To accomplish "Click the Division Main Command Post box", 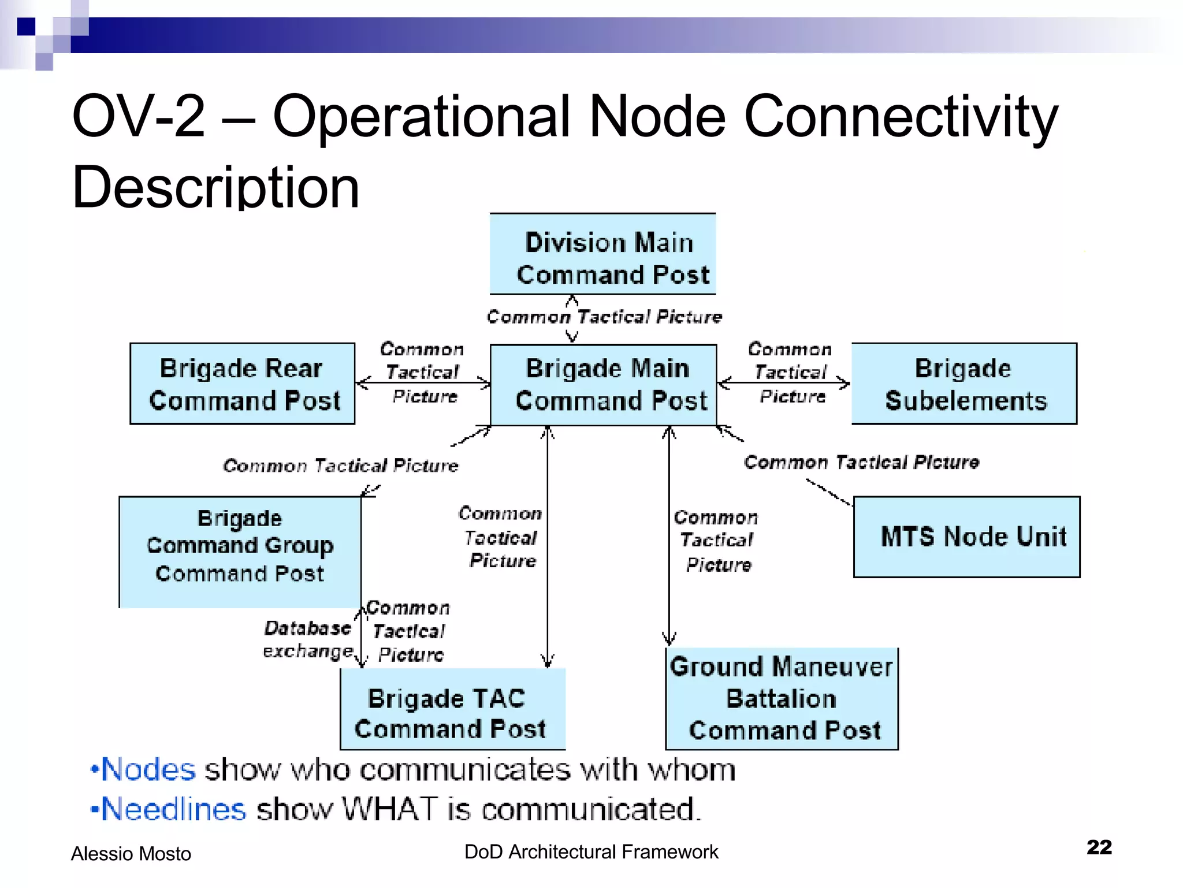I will point(602,254).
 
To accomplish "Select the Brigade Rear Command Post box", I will point(242,384).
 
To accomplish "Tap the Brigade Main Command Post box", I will point(603,385).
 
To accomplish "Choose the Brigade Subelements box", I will point(964,384).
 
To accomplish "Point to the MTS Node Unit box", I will point(966,536).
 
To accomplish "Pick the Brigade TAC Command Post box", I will point(452,710).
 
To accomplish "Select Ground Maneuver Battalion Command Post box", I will point(782,699).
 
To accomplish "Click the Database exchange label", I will point(308,639).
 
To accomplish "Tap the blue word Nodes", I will point(148,770).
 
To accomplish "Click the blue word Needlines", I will point(173,809).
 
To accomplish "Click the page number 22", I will point(1099,847).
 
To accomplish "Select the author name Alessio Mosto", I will point(131,854).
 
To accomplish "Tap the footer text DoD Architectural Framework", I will point(591,852).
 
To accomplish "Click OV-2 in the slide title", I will point(139,117).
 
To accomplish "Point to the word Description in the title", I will point(215,187).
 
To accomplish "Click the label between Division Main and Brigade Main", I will point(604,317).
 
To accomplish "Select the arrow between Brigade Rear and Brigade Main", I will point(423,382).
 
